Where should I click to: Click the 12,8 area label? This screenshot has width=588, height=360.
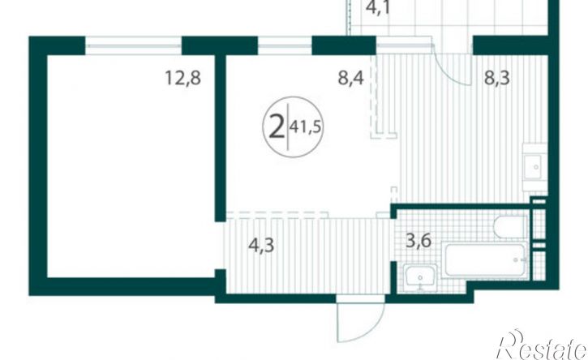click(x=183, y=79)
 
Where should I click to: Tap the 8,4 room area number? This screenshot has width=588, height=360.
click(x=350, y=79)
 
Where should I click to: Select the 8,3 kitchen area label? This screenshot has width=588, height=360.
click(x=497, y=79)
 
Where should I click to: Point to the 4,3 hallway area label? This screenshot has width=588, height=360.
click(x=261, y=245)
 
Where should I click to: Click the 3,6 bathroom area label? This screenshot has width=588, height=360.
click(x=418, y=240)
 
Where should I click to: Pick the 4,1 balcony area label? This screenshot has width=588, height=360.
click(x=377, y=7)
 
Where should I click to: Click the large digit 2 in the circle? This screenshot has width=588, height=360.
click(x=277, y=127)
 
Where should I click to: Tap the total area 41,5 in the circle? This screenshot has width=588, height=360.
click(x=306, y=127)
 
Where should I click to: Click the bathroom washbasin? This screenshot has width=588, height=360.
click(x=420, y=278)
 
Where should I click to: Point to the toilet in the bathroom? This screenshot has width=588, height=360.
click(x=511, y=227)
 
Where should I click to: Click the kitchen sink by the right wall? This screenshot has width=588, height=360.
click(x=535, y=167)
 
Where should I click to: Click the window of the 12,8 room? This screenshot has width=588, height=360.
click(x=134, y=45)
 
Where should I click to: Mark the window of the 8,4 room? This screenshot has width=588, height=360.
click(x=285, y=45)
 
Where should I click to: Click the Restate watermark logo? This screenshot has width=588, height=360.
click(x=542, y=345)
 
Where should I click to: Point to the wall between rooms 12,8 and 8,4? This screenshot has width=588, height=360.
click(x=220, y=138)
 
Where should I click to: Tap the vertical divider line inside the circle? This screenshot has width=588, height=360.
click(x=288, y=126)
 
